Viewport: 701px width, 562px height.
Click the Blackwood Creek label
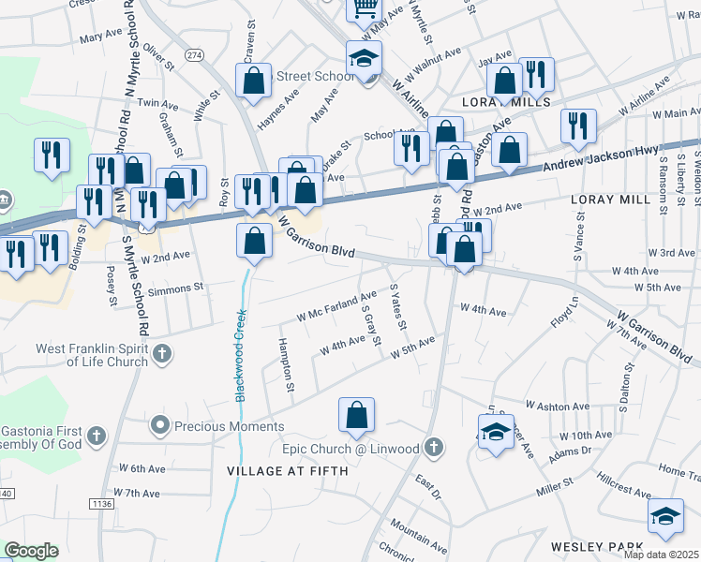[x=241, y=356]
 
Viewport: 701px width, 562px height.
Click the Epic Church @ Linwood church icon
[x=432, y=448]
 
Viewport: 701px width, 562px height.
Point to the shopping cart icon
[x=364, y=9]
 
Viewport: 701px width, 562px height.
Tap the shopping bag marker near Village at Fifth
[x=356, y=416]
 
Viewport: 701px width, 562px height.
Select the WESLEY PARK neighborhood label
[x=595, y=547]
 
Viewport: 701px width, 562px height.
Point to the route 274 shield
[x=194, y=56]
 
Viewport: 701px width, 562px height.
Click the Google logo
[x=31, y=551]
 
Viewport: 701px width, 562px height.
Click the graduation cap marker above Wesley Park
[x=665, y=516]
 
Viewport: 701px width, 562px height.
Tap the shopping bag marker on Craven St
[x=255, y=81]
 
